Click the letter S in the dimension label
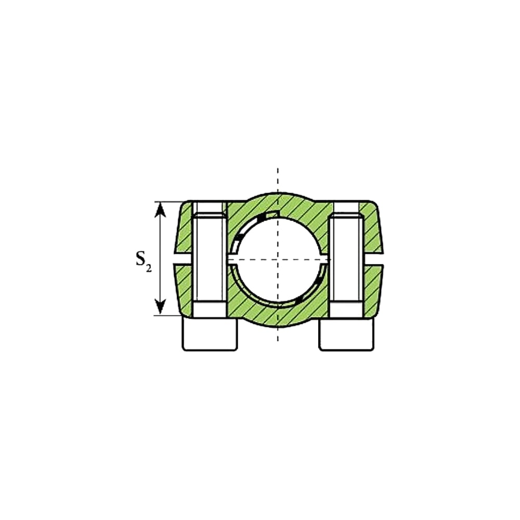coord(141,258)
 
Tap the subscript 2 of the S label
coord(149,269)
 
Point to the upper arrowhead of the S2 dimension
coord(161,210)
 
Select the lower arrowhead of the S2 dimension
coord(161,306)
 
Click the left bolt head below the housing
coord(210,334)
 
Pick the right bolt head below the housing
coord(347,334)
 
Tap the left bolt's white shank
coord(210,258)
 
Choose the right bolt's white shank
coord(346,258)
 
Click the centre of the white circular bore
coord(278,259)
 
